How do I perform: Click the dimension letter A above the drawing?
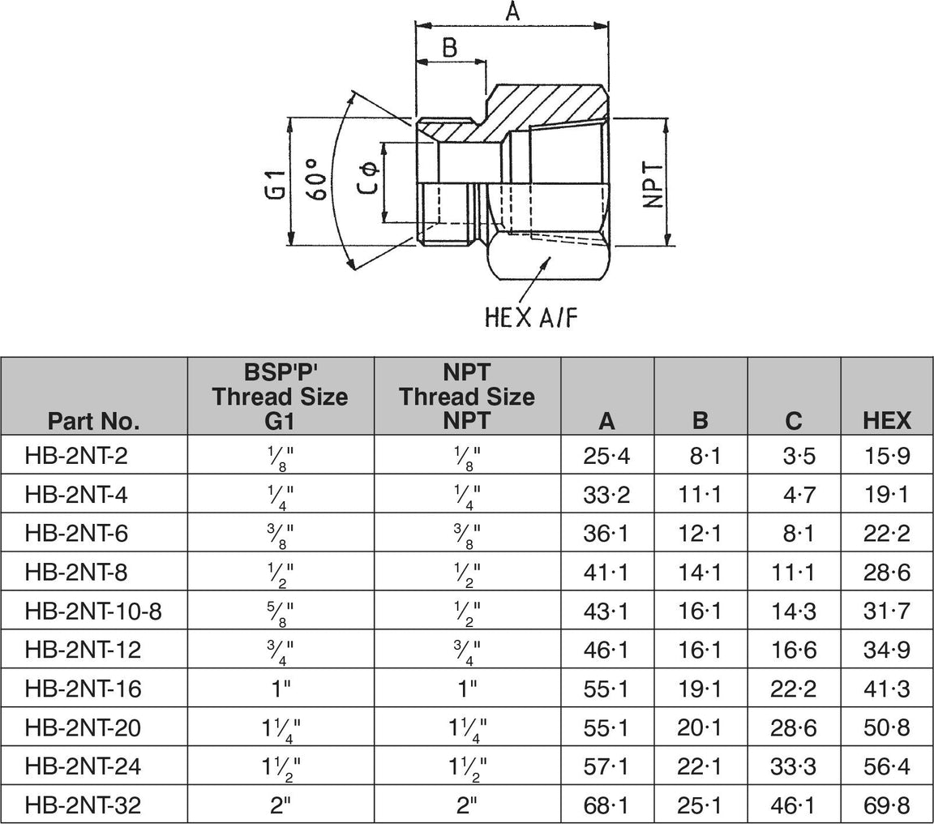512,12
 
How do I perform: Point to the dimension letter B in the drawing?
449,48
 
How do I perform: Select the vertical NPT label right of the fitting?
653,185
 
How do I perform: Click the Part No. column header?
94,420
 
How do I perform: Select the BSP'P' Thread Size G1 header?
281,397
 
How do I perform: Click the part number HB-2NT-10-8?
94,612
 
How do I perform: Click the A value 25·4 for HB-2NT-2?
607,457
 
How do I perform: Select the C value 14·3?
794,612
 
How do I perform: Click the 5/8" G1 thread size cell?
281,612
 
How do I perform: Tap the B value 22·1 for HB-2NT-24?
700,766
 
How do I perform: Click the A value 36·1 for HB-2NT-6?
607,534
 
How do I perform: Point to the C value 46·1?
794,805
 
